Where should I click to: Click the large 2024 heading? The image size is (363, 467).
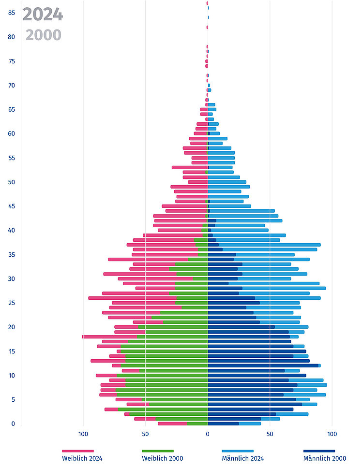[43, 15]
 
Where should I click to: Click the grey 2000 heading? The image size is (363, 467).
[44, 35]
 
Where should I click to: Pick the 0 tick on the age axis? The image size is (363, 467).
[13, 424]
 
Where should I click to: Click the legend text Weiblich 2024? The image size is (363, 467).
[82, 458]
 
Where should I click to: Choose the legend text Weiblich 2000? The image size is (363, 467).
[163, 458]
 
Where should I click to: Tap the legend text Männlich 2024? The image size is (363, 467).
[243, 458]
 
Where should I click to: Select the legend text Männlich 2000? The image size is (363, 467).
[325, 458]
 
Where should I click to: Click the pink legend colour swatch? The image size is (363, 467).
[77, 451]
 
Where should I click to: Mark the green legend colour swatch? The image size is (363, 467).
[157, 451]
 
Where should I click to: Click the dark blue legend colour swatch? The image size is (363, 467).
[319, 451]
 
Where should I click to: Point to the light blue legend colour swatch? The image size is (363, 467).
[238, 451]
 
